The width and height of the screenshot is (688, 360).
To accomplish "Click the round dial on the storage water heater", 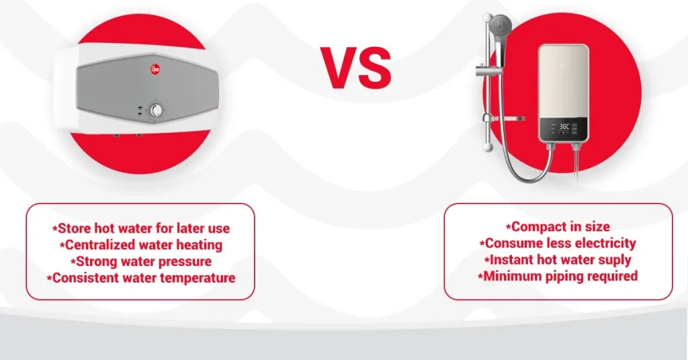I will click(x=157, y=110).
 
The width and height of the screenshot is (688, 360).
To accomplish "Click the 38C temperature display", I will click(x=564, y=125).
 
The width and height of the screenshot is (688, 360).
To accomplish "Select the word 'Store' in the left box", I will click(x=75, y=229).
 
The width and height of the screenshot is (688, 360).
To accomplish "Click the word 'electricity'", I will click(x=603, y=243).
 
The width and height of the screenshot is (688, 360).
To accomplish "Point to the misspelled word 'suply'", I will click(x=614, y=260).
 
